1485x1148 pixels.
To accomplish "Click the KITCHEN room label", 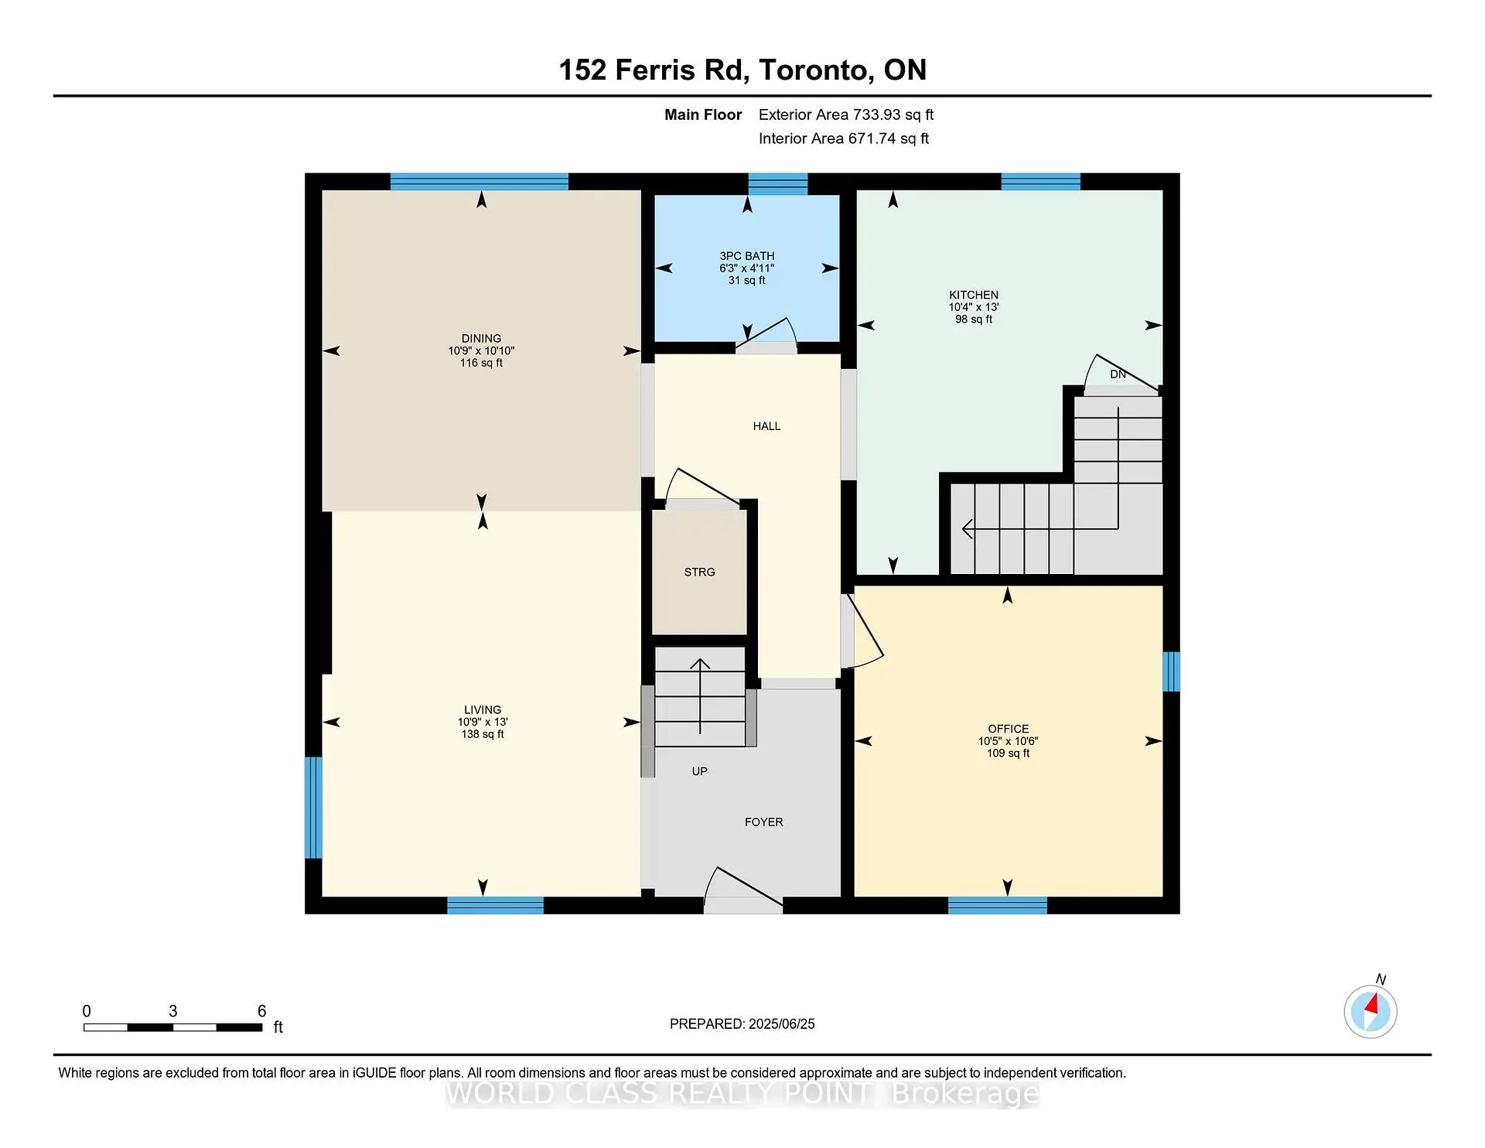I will click(x=973, y=295).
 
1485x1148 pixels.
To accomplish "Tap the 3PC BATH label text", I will click(x=746, y=256).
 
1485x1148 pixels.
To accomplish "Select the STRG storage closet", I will click(x=699, y=572).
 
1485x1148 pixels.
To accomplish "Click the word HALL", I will click(x=766, y=426).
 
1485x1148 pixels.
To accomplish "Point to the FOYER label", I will click(x=763, y=822).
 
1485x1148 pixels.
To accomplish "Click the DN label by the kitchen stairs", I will click(x=1118, y=374).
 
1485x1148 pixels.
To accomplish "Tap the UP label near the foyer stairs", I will click(x=699, y=771).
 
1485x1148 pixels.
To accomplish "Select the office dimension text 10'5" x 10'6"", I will click(x=1008, y=741).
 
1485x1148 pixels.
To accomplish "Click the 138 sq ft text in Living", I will click(x=483, y=734).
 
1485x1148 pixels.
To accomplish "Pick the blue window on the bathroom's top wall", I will click(x=777, y=183).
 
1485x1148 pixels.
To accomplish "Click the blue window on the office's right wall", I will click(x=1171, y=671).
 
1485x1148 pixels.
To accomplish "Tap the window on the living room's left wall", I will click(x=312, y=807).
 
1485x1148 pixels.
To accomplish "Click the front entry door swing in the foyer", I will click(x=742, y=888).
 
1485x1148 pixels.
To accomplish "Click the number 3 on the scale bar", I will click(x=172, y=1011).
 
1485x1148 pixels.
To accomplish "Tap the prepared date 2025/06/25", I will click(x=781, y=1024).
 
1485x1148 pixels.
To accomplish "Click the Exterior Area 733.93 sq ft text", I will click(x=845, y=114).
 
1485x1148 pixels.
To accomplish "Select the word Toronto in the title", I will click(x=815, y=70).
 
